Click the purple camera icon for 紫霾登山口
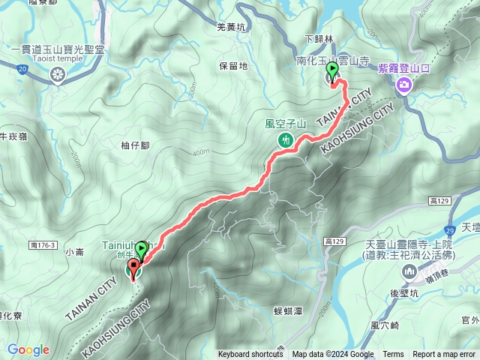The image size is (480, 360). tap(404, 85)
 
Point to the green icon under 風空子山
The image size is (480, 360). tap(285, 140)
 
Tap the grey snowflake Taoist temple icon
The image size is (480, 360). tap(58, 74)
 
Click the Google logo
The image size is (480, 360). tap(28, 349)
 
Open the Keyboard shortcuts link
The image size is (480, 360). tap(250, 355)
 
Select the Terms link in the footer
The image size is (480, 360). tap(393, 355)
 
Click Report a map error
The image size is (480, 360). tap(445, 355)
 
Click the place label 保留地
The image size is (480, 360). tap(233, 66)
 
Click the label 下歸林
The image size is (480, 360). tap(318, 38)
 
